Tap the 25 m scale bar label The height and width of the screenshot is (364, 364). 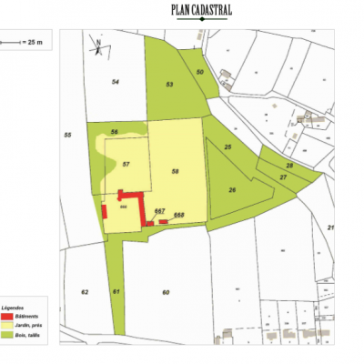[x=35, y=43]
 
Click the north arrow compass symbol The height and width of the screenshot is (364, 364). [x=96, y=45]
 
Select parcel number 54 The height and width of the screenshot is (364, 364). [x=116, y=82]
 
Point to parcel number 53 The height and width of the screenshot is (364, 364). [x=169, y=83]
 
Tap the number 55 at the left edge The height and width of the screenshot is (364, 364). [x=67, y=136]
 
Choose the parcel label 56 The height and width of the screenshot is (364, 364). [x=114, y=133]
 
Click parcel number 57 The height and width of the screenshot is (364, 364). [x=126, y=164]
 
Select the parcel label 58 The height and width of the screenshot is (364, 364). [x=174, y=170]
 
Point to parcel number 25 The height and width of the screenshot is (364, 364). [x=228, y=147]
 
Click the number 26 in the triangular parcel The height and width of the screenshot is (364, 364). [x=232, y=189]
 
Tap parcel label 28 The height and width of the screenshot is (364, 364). [x=289, y=165]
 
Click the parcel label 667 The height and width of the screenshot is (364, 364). [x=159, y=210]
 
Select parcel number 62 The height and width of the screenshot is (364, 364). [x=84, y=292]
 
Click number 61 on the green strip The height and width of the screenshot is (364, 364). [x=116, y=292]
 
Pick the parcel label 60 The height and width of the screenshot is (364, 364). [x=166, y=292]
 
